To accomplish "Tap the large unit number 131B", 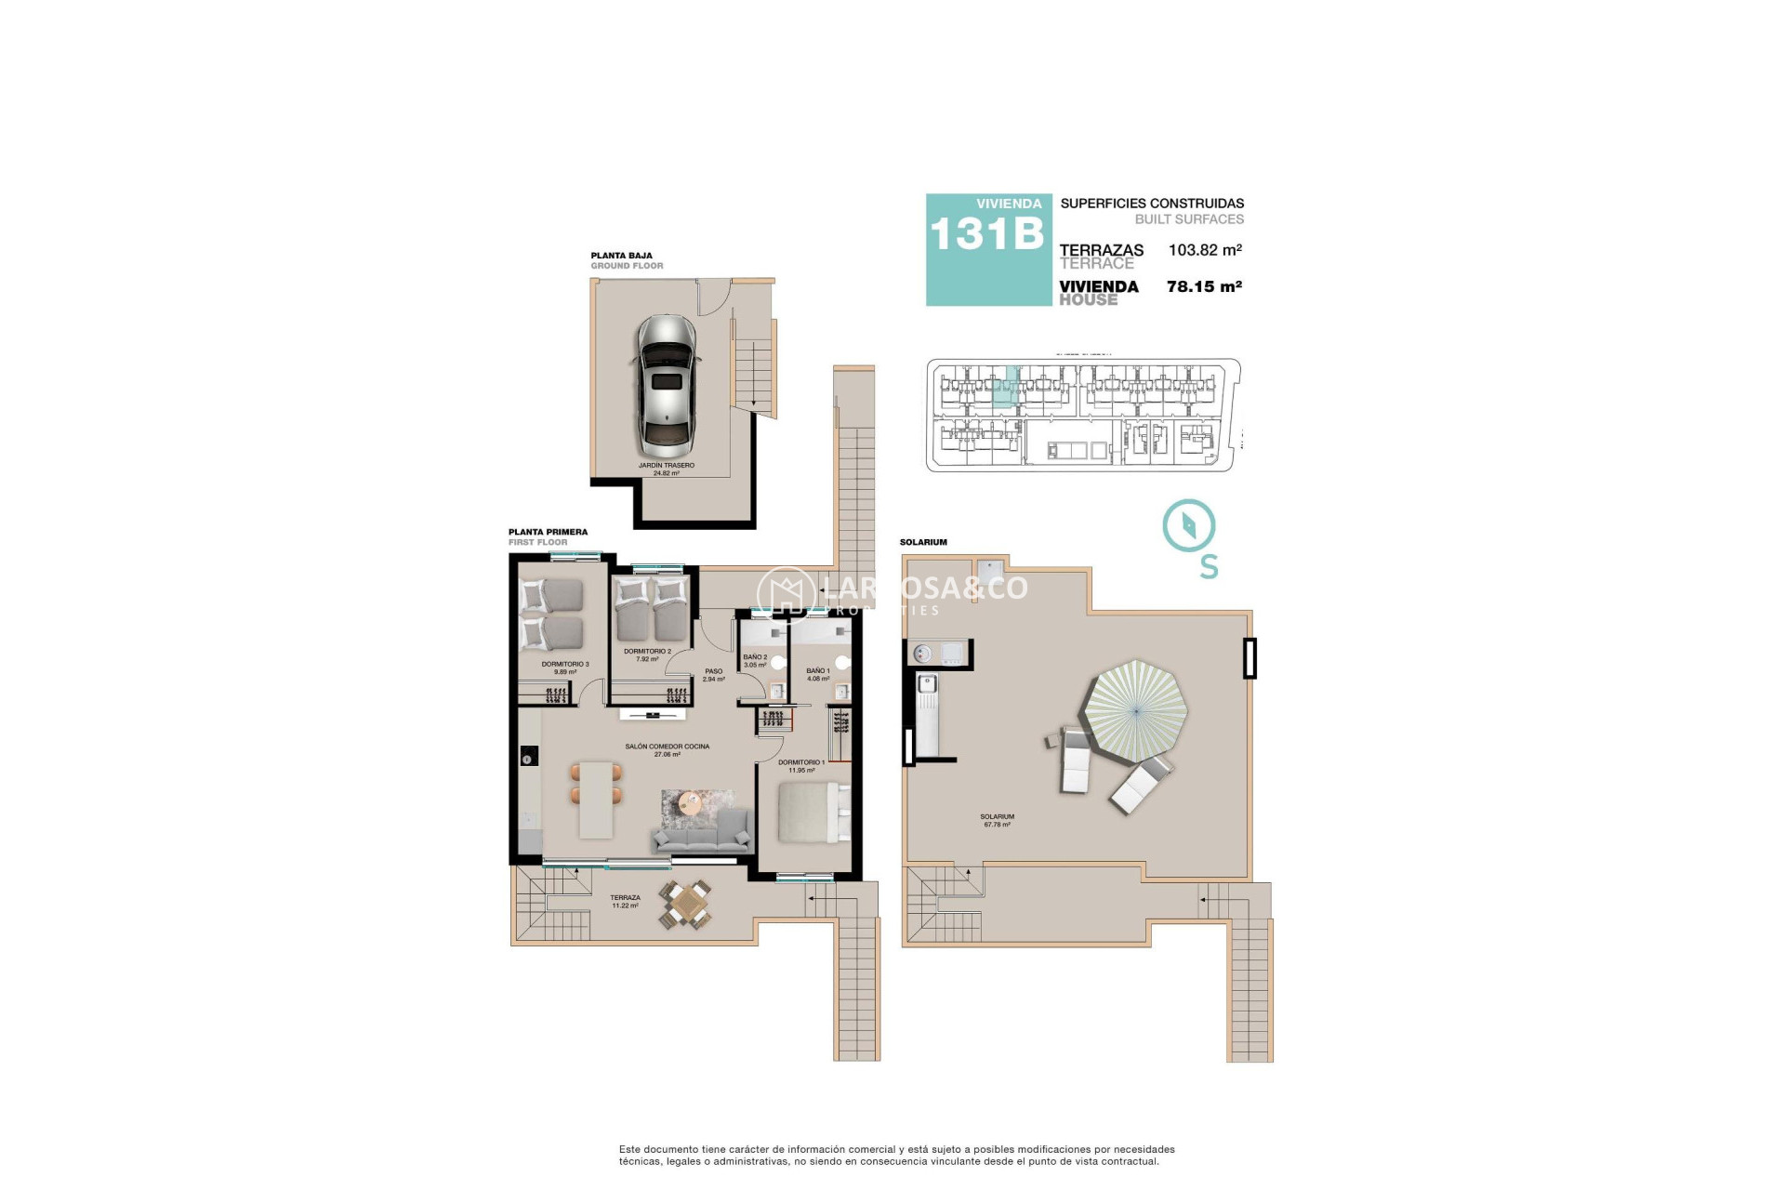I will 987,234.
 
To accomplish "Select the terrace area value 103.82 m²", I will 1205,250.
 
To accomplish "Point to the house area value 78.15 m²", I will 1204,287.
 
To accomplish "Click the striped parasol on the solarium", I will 1136,711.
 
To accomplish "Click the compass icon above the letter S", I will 1189,526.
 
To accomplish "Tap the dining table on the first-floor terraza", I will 687,904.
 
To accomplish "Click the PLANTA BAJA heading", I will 621,256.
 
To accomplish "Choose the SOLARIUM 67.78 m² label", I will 997,820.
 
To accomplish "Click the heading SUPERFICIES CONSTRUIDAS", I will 1152,204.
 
